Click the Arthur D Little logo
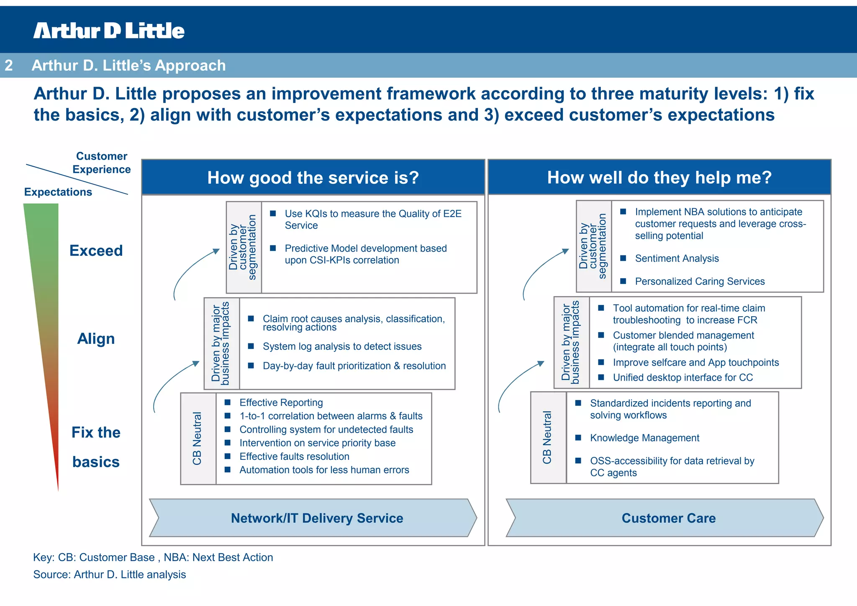click(x=109, y=31)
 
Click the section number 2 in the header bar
click(x=9, y=65)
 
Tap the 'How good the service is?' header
click(x=313, y=178)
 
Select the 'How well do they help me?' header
click(x=659, y=178)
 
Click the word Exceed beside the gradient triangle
click(x=96, y=250)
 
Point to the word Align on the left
click(x=96, y=338)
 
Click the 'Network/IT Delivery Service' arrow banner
click(x=317, y=518)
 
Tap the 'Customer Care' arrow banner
click(x=668, y=518)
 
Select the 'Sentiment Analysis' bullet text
click(x=677, y=258)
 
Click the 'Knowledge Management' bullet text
click(x=644, y=438)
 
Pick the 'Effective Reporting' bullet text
click(x=281, y=402)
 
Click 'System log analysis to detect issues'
click(x=342, y=346)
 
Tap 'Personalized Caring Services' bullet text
click(x=700, y=281)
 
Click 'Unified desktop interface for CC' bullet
click(x=683, y=378)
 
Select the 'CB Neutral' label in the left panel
click(x=198, y=438)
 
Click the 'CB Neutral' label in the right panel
click(x=547, y=438)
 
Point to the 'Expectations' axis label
click(x=58, y=192)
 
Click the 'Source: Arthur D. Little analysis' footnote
click(x=110, y=575)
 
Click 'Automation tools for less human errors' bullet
click(x=324, y=470)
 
